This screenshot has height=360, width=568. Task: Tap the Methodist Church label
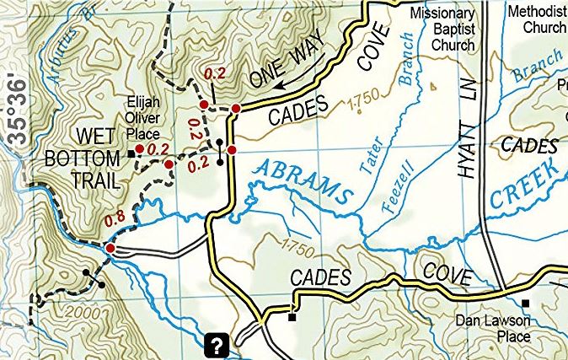tap(538, 19)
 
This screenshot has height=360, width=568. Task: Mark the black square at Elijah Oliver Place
tap(131, 154)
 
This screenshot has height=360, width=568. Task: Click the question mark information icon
tap(217, 344)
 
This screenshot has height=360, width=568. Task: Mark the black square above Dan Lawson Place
tap(526, 304)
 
